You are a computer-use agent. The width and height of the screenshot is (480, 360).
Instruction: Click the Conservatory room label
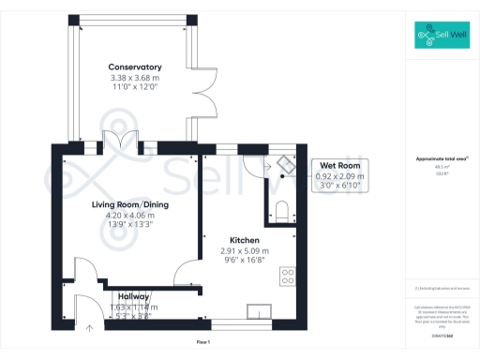135,67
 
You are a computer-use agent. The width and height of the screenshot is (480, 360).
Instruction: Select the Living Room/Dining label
129,204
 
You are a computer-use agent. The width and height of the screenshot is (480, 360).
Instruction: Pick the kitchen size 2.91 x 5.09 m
245,250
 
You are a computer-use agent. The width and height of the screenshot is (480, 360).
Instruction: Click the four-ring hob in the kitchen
287,277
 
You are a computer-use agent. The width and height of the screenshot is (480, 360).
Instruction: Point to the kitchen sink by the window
258,310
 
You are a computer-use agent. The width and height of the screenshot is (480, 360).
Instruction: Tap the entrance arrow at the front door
91,328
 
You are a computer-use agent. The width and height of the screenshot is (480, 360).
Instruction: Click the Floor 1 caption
202,343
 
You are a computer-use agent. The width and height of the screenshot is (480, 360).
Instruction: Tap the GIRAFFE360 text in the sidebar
441,322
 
